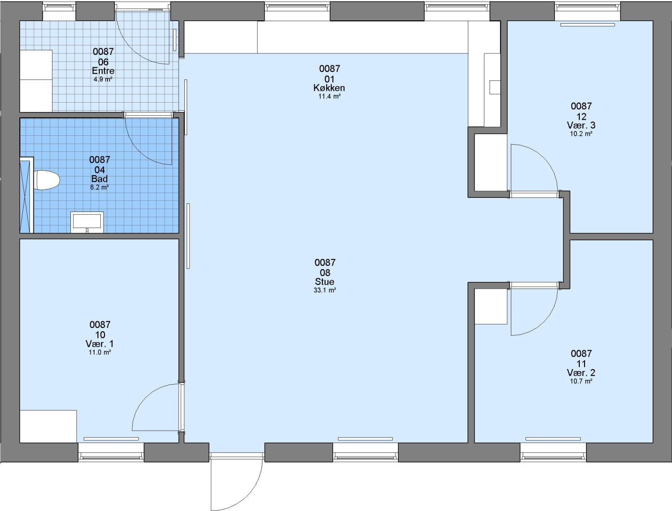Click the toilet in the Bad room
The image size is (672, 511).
pos(46,180)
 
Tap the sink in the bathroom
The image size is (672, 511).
pos(87,222)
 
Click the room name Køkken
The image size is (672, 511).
pos(329,88)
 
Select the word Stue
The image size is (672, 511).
pos(325,282)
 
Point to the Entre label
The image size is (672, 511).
pos(103,71)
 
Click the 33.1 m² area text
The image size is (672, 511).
pos(325,291)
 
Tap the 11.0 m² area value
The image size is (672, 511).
pos(100,352)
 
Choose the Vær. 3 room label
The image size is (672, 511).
pos(581,125)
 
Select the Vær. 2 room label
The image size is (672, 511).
pos(581,373)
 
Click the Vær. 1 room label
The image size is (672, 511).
pos(100,344)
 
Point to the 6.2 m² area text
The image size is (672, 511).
pos(100,187)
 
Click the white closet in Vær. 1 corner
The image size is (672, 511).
pos(48,426)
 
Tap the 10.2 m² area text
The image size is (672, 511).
pos(581,134)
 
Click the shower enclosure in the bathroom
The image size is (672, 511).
pos(26,195)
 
